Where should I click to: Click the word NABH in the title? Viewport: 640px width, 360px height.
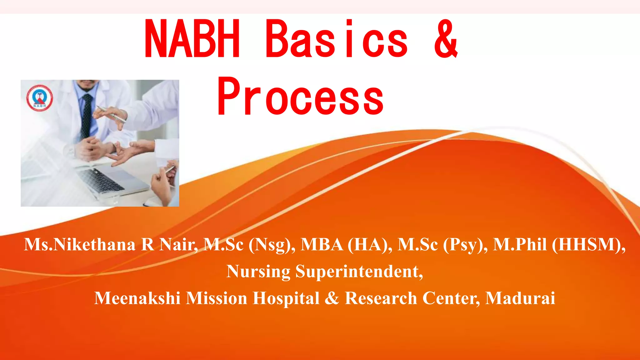click(192, 39)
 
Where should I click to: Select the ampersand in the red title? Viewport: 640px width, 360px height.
click(446, 39)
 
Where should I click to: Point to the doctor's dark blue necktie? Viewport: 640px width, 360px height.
click(87, 116)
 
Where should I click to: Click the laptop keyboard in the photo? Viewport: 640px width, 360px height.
click(100, 180)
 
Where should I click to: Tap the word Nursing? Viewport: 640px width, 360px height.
click(258, 271)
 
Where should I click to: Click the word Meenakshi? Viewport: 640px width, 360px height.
click(137, 298)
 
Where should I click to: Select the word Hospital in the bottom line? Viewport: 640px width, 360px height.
click(286, 298)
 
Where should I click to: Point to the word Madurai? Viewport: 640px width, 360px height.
click(520, 298)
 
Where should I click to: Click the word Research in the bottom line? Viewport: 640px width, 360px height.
click(381, 298)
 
